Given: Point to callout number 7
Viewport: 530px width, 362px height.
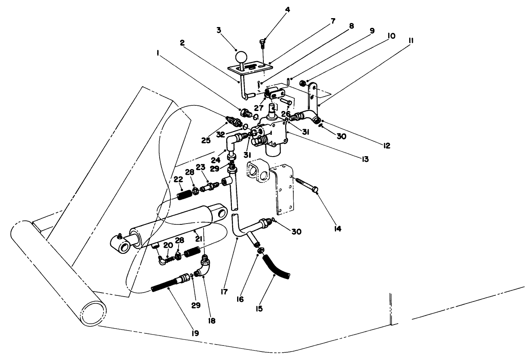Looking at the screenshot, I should [x=333, y=20].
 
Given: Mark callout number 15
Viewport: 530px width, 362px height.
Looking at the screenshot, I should [x=259, y=309].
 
